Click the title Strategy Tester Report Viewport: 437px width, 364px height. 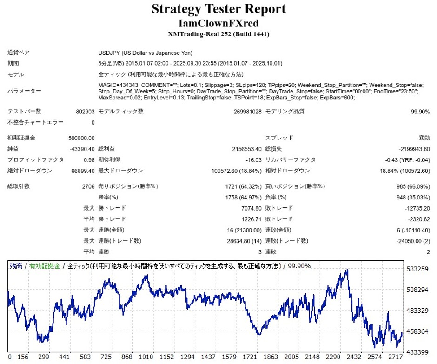218,9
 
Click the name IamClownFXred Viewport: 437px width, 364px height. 218,23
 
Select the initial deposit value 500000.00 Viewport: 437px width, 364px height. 81,138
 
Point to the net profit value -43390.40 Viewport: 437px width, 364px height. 82,149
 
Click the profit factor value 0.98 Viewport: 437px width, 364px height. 89,159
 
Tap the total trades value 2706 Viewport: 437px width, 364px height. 88,186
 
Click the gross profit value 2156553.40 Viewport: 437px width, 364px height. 247,149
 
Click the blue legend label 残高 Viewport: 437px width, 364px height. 16,266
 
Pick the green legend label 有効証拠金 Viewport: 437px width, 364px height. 45,266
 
